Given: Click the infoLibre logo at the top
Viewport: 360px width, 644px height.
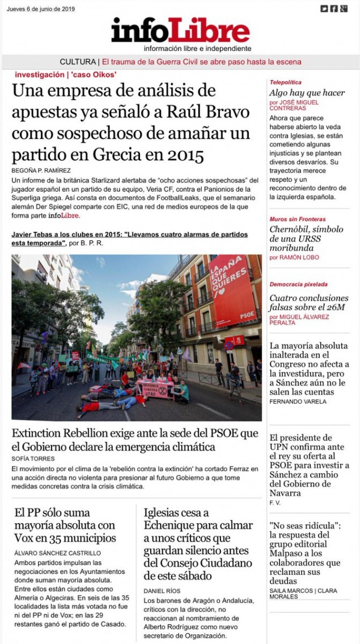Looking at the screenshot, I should (180, 31).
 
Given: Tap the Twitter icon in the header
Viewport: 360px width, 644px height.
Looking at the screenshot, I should (324, 9).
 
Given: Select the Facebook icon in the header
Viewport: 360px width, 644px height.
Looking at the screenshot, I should (334, 9).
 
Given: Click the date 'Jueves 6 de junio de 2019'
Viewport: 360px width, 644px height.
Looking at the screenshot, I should (41, 9).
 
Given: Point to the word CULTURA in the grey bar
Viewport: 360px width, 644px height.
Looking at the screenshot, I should (78, 62).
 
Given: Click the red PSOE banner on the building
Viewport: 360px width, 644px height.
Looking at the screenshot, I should (232, 290).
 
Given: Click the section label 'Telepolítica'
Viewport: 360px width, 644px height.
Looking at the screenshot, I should (286, 82).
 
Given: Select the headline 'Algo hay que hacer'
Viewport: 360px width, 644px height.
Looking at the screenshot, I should (307, 92).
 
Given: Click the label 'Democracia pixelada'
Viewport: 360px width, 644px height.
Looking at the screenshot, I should (298, 284).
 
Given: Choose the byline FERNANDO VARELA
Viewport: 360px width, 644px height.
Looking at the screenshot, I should (298, 402).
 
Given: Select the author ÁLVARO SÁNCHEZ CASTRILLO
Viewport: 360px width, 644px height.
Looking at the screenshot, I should (57, 553).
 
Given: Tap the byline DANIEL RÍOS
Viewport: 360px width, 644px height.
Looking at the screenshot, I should (162, 591).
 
